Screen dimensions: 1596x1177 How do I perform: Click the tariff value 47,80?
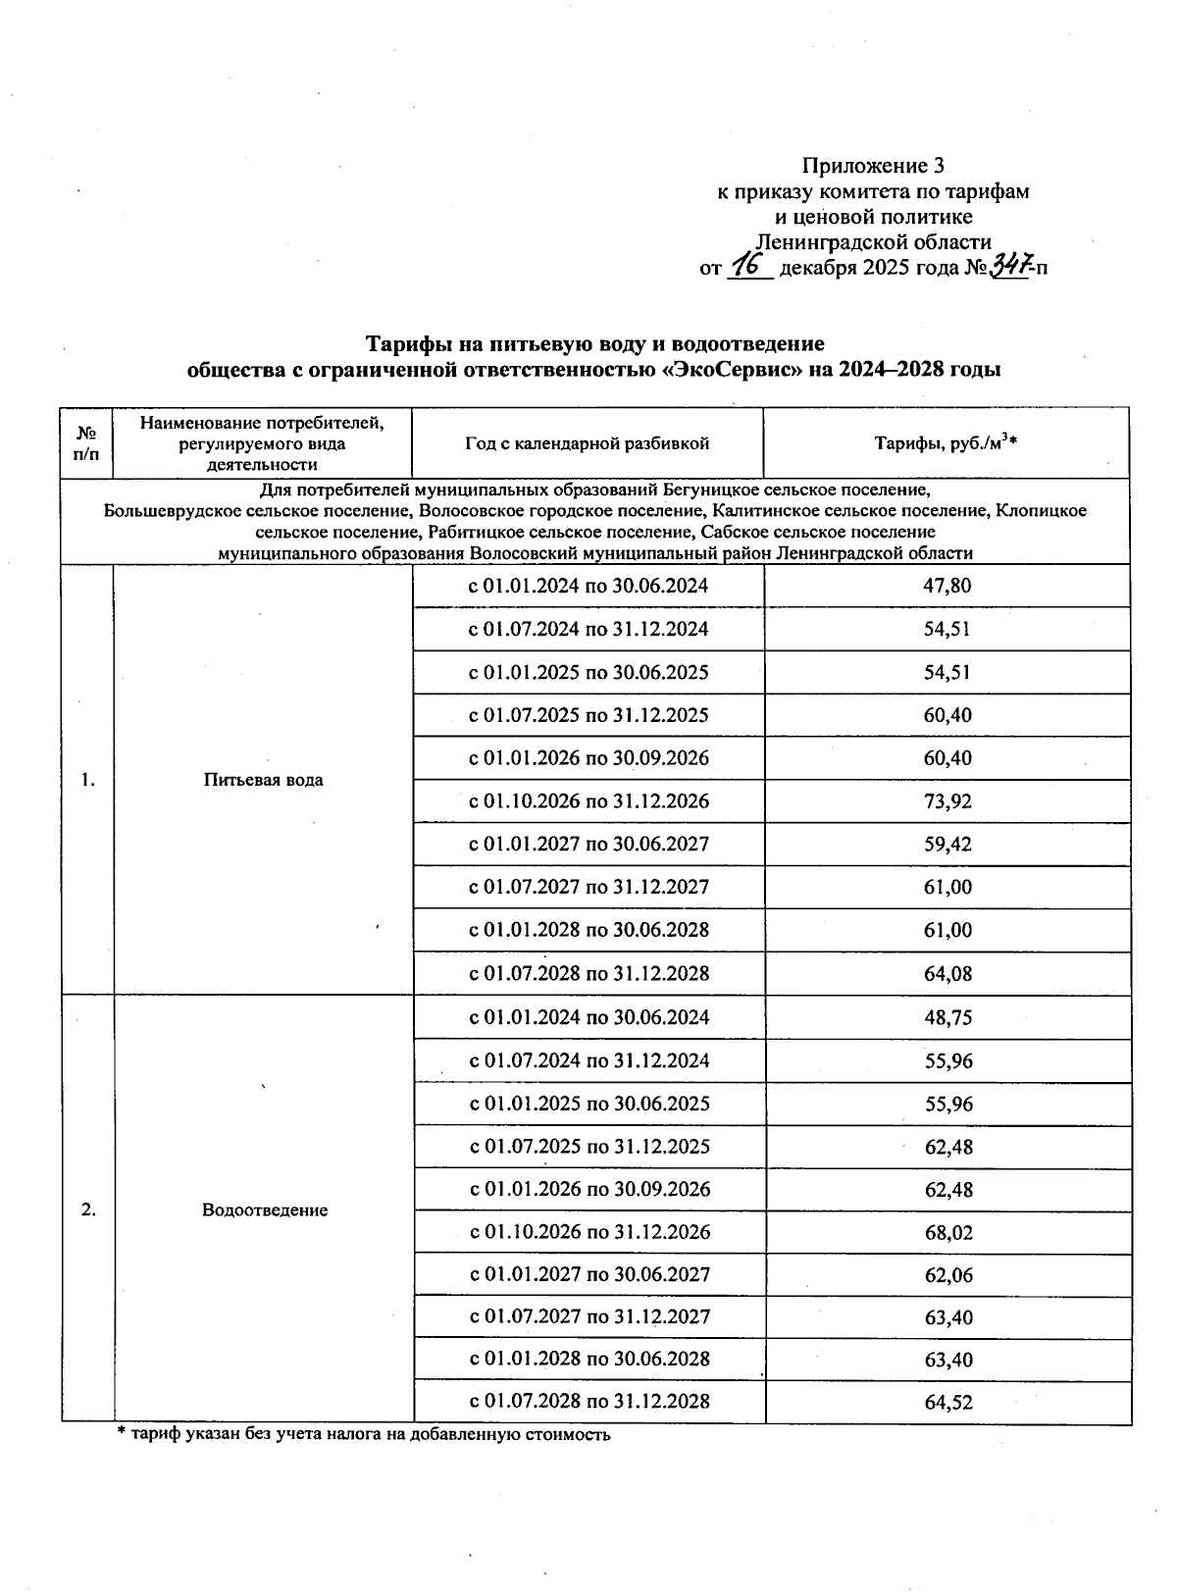[947, 587]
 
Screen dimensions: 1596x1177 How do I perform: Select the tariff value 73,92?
[947, 801]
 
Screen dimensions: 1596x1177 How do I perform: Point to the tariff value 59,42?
[947, 845]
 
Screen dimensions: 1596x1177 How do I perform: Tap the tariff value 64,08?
[947, 974]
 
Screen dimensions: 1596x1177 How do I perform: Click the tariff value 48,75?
[947, 1018]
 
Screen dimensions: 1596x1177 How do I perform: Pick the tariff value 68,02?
[948, 1232]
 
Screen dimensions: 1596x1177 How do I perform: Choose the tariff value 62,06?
[948, 1275]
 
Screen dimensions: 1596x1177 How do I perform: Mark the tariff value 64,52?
[948, 1402]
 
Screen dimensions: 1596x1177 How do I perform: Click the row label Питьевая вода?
[263, 781]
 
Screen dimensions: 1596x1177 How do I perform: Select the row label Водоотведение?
[264, 1210]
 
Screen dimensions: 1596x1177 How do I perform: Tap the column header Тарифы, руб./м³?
[946, 444]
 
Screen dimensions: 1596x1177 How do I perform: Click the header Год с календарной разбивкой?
[587, 444]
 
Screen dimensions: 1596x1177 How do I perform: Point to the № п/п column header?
[86, 443]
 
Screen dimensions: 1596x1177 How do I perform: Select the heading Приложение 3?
[873, 165]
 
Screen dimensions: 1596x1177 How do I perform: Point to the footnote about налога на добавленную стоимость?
[363, 1434]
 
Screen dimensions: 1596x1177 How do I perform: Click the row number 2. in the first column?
[88, 1210]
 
